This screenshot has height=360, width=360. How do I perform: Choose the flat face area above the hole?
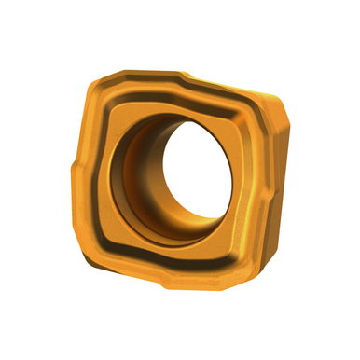[x=177, y=104]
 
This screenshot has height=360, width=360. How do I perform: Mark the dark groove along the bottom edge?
[x=168, y=263]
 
